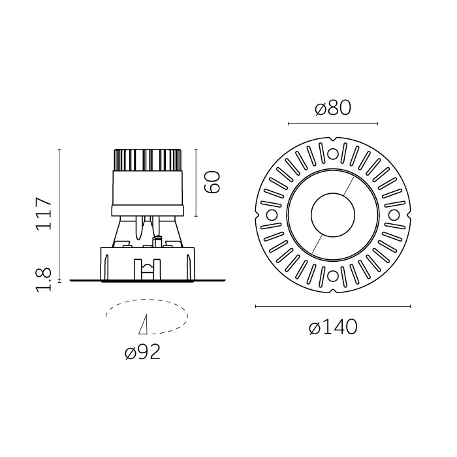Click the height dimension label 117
pos(43,213)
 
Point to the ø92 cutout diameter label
pos(142,353)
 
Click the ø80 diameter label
pos(332,108)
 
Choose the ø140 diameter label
pos(333,328)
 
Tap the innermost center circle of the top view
pos(332,215)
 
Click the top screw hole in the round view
pos(332,154)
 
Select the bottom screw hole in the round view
pos(332,276)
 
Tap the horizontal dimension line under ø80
pos(332,123)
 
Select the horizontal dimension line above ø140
pos(332,306)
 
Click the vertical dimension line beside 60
pos(196,183)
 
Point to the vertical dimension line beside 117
pos(59,215)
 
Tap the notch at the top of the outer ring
pos(332,138)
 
